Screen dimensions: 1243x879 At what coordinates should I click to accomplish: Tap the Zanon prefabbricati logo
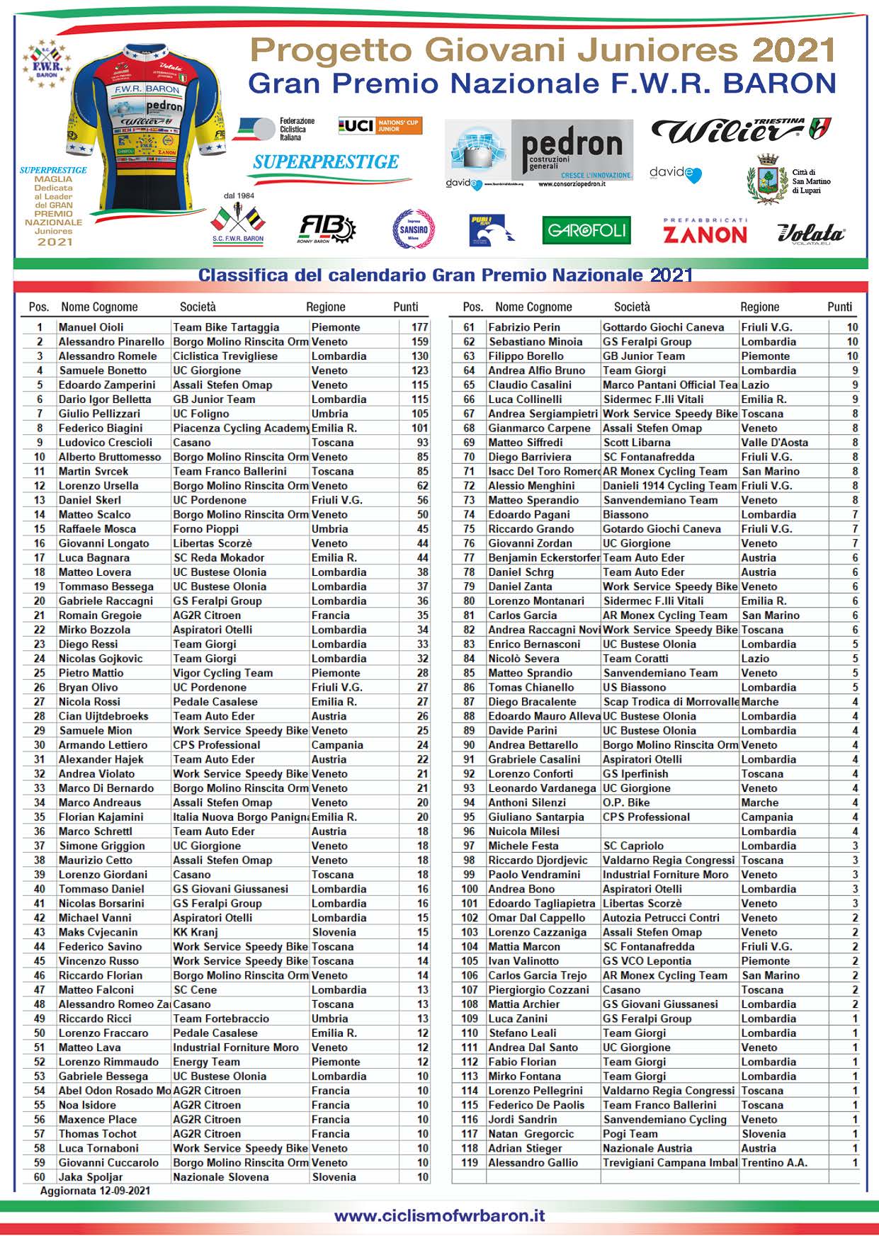point(705,231)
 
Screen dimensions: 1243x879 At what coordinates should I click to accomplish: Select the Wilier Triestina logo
point(740,130)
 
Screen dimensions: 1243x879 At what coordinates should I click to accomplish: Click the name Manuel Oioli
point(91,327)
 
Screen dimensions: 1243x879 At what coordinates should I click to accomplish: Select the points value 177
point(419,327)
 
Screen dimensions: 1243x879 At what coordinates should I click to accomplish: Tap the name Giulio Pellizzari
point(99,414)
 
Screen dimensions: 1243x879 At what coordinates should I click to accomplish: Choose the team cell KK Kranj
point(195,932)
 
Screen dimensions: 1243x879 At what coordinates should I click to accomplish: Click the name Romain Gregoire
point(100,615)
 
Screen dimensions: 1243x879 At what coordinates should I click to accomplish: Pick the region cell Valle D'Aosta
point(775,443)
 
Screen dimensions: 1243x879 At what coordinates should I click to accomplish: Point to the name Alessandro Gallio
point(533,1162)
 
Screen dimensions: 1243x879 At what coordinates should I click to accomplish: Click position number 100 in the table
point(470,889)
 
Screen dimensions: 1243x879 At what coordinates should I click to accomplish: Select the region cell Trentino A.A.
point(774,1162)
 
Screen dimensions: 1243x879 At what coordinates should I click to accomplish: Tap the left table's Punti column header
point(406,307)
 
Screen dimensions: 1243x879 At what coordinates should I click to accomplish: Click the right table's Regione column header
point(759,307)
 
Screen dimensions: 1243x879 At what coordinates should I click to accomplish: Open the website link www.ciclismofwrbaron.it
point(439,1215)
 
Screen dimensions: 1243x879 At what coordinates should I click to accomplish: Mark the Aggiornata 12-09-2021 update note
point(95,1191)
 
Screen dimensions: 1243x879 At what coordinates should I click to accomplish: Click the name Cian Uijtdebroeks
point(103,716)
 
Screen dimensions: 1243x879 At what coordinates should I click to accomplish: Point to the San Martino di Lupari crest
point(767,179)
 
